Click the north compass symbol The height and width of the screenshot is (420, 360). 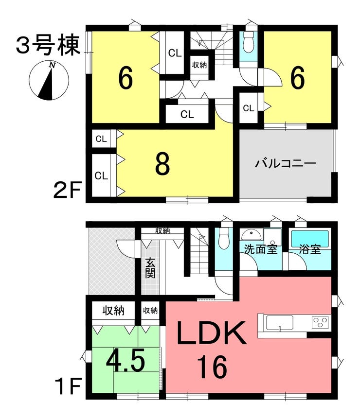49,81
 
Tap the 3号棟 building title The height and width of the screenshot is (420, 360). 47,47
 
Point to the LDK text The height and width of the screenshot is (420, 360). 209,335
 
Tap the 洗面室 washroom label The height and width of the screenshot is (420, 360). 261,250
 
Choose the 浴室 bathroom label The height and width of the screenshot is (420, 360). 310,250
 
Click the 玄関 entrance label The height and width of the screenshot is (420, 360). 150,267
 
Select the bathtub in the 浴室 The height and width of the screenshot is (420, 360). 310,238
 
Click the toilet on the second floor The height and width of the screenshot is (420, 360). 248,44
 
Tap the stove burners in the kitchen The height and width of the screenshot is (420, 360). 320,322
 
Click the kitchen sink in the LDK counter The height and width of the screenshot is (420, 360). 279,322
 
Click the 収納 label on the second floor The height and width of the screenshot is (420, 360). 199,65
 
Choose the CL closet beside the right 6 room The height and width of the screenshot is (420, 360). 248,108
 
